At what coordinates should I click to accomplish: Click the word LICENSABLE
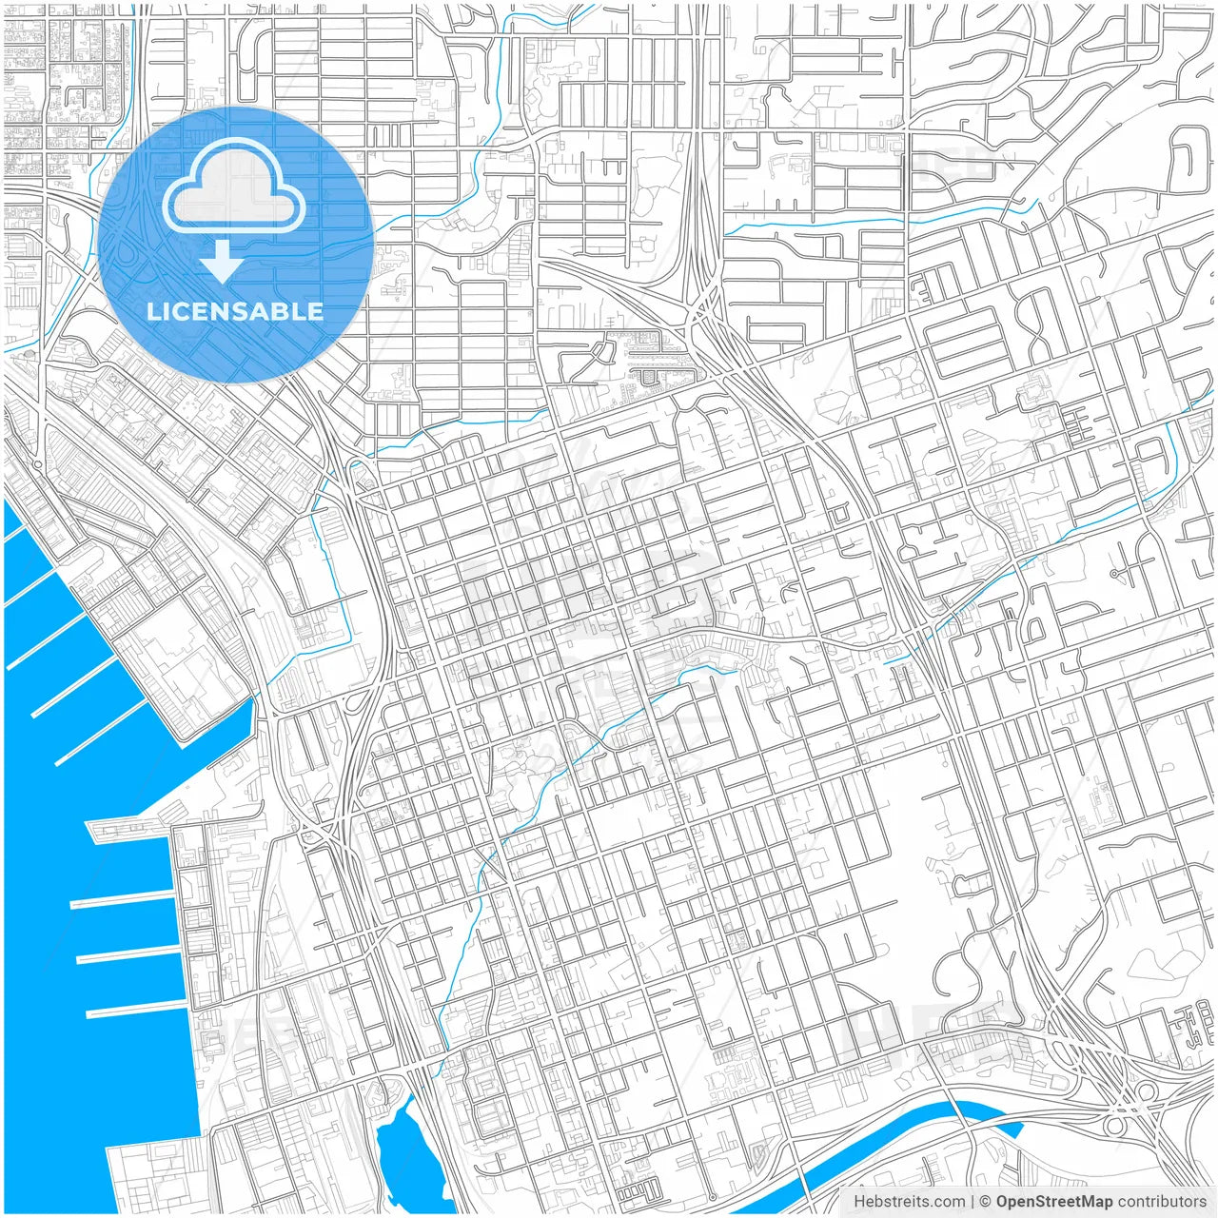tap(234, 311)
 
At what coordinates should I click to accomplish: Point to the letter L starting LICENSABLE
tap(152, 311)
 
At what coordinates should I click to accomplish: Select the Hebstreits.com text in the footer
tap(909, 1201)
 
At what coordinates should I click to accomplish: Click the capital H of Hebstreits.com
tap(859, 1201)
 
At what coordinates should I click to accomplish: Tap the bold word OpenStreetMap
tap(1053, 1201)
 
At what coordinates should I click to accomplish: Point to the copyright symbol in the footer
tap(985, 1201)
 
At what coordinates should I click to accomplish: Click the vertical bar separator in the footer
tap(972, 1201)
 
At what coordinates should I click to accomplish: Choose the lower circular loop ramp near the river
tap(1115, 1127)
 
